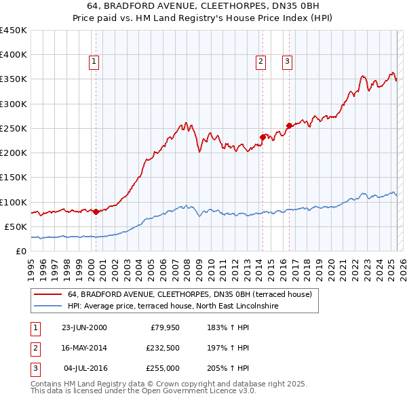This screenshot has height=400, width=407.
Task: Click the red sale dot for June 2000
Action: (96, 212)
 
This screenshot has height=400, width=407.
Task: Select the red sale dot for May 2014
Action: (263, 137)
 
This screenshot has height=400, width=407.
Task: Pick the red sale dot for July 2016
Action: (289, 125)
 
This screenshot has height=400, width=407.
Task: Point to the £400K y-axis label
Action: (14, 55)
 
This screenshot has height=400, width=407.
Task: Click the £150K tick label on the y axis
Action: (14, 178)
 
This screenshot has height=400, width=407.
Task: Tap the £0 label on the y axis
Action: (20, 251)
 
